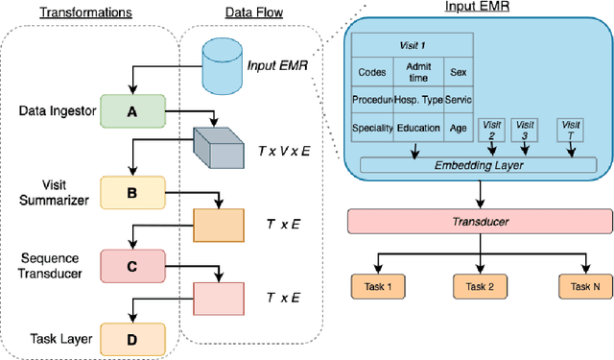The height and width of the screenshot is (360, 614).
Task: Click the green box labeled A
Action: click(132, 111)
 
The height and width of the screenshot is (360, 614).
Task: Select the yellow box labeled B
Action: click(132, 191)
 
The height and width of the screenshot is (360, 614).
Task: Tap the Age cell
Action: click(457, 127)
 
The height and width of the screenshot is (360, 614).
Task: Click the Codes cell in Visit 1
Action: click(371, 72)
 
